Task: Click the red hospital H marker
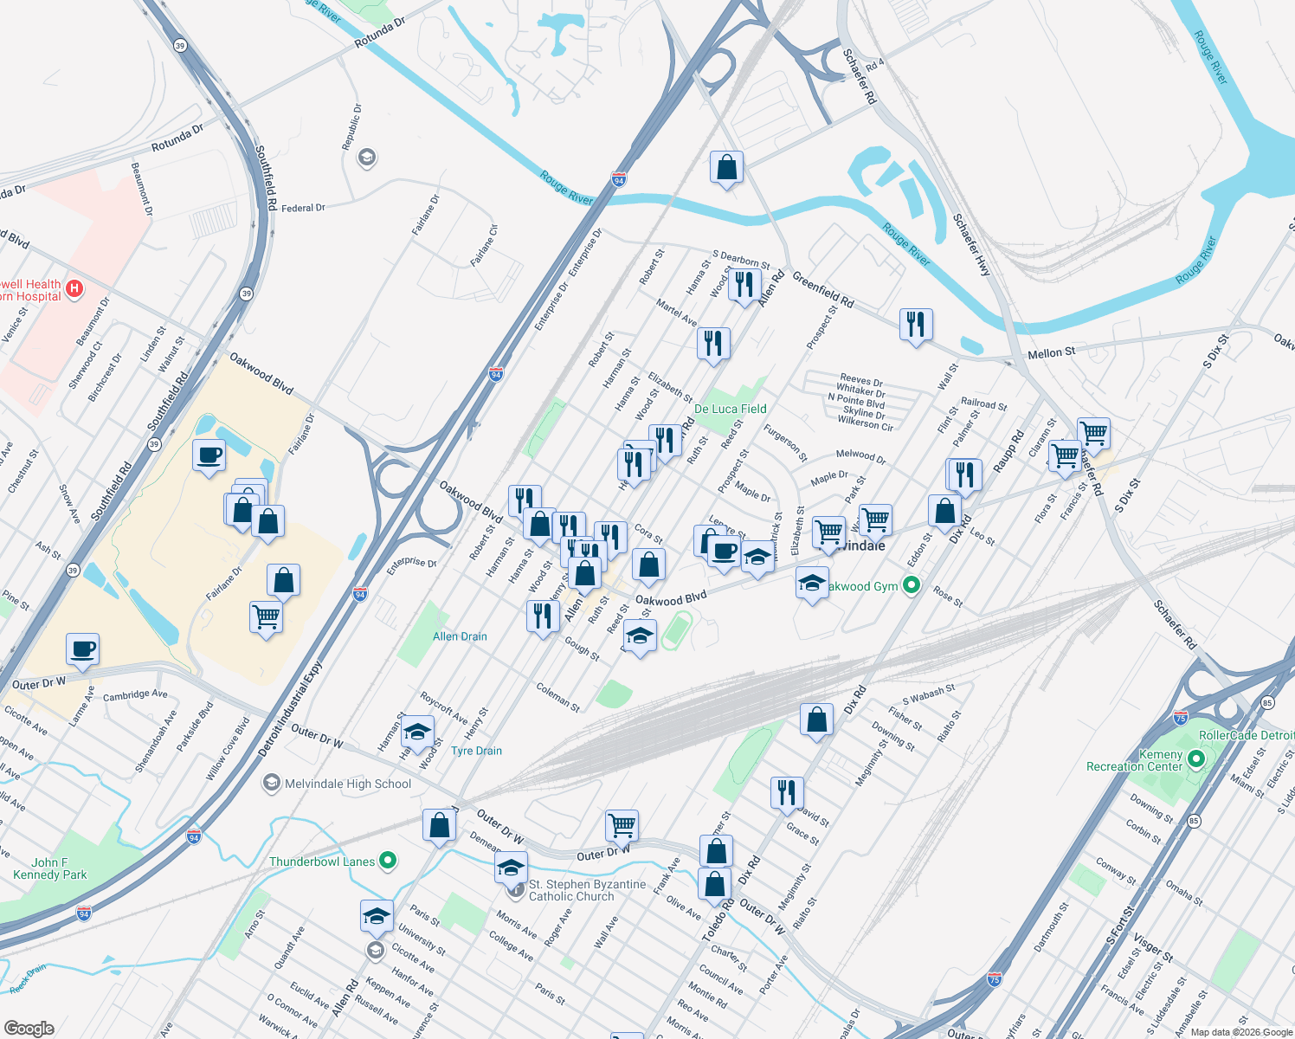75,288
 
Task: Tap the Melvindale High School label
348,784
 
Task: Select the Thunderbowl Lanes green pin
388,861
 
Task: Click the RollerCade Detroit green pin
1195,759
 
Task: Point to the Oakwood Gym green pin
911,586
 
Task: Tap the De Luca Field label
730,409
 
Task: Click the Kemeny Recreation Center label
1134,760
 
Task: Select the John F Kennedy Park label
49,868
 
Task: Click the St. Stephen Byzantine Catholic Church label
587,890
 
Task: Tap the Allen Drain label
460,636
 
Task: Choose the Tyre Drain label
476,751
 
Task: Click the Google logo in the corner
29,1029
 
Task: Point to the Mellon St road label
1051,352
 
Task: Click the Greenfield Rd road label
822,291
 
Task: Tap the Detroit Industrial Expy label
290,710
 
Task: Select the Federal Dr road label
303,208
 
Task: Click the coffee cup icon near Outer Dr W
83,649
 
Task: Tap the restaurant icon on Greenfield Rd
915,325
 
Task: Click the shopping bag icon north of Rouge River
726,167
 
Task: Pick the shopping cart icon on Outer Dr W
622,825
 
